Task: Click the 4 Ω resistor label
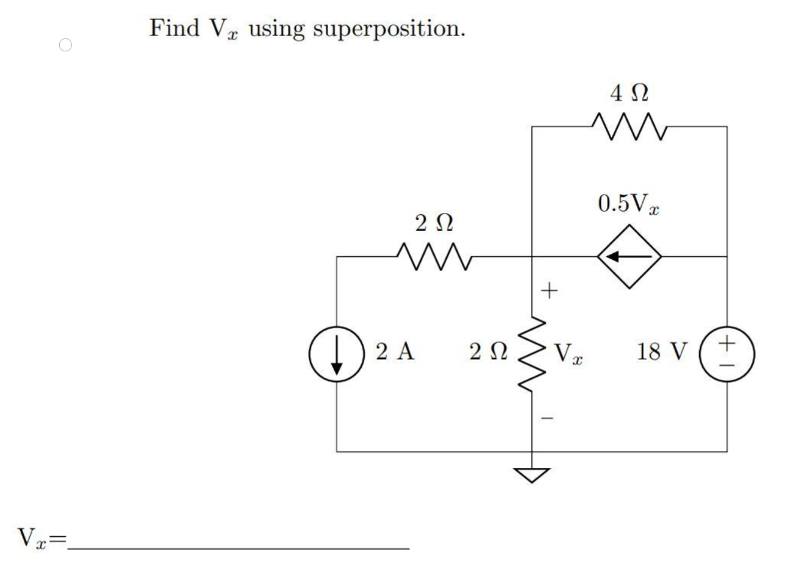tap(629, 94)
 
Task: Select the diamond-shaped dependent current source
tap(630, 256)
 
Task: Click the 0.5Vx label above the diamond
tap(629, 204)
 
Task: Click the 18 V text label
tap(663, 352)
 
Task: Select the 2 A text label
tap(396, 352)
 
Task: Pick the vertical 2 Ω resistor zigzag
tap(533, 355)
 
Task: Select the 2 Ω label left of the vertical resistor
tap(488, 353)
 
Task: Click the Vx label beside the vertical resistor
tap(568, 354)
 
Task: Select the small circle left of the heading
tap(65, 45)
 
